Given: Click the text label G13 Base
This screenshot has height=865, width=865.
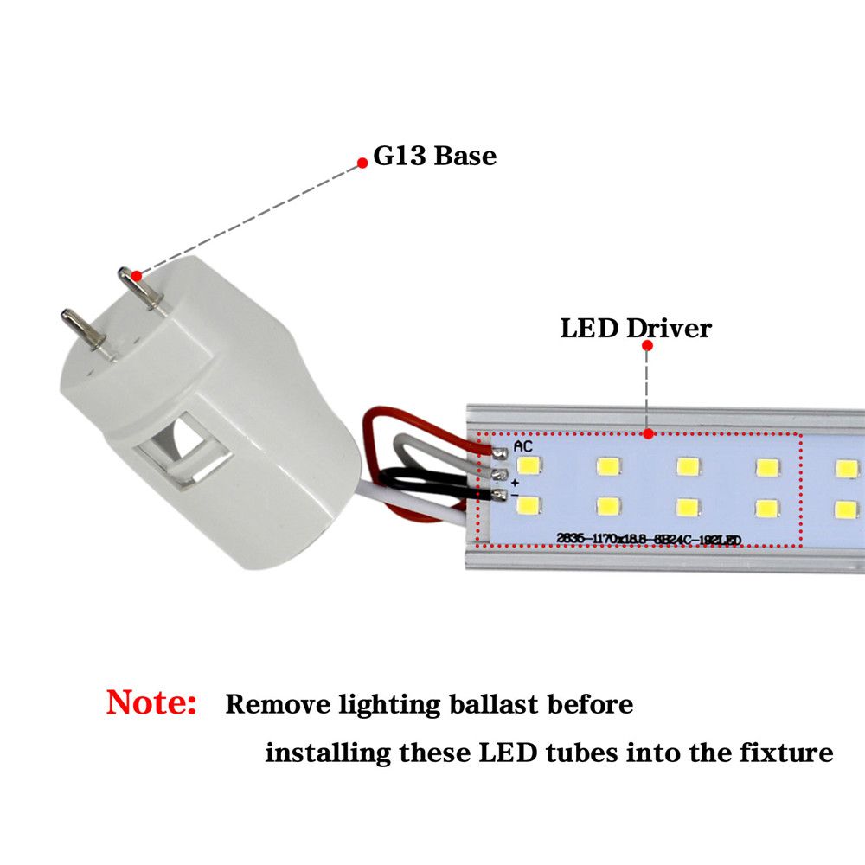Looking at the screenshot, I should (x=434, y=157).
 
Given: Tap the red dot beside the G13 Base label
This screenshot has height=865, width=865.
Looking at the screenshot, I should (x=363, y=162).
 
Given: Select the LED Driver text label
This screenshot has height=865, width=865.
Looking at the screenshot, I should (x=636, y=329).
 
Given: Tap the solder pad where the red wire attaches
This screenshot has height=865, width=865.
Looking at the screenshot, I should (x=500, y=452).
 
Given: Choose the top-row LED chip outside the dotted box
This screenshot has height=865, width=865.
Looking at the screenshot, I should (x=845, y=469).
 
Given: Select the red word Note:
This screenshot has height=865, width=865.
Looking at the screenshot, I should (x=151, y=702).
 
